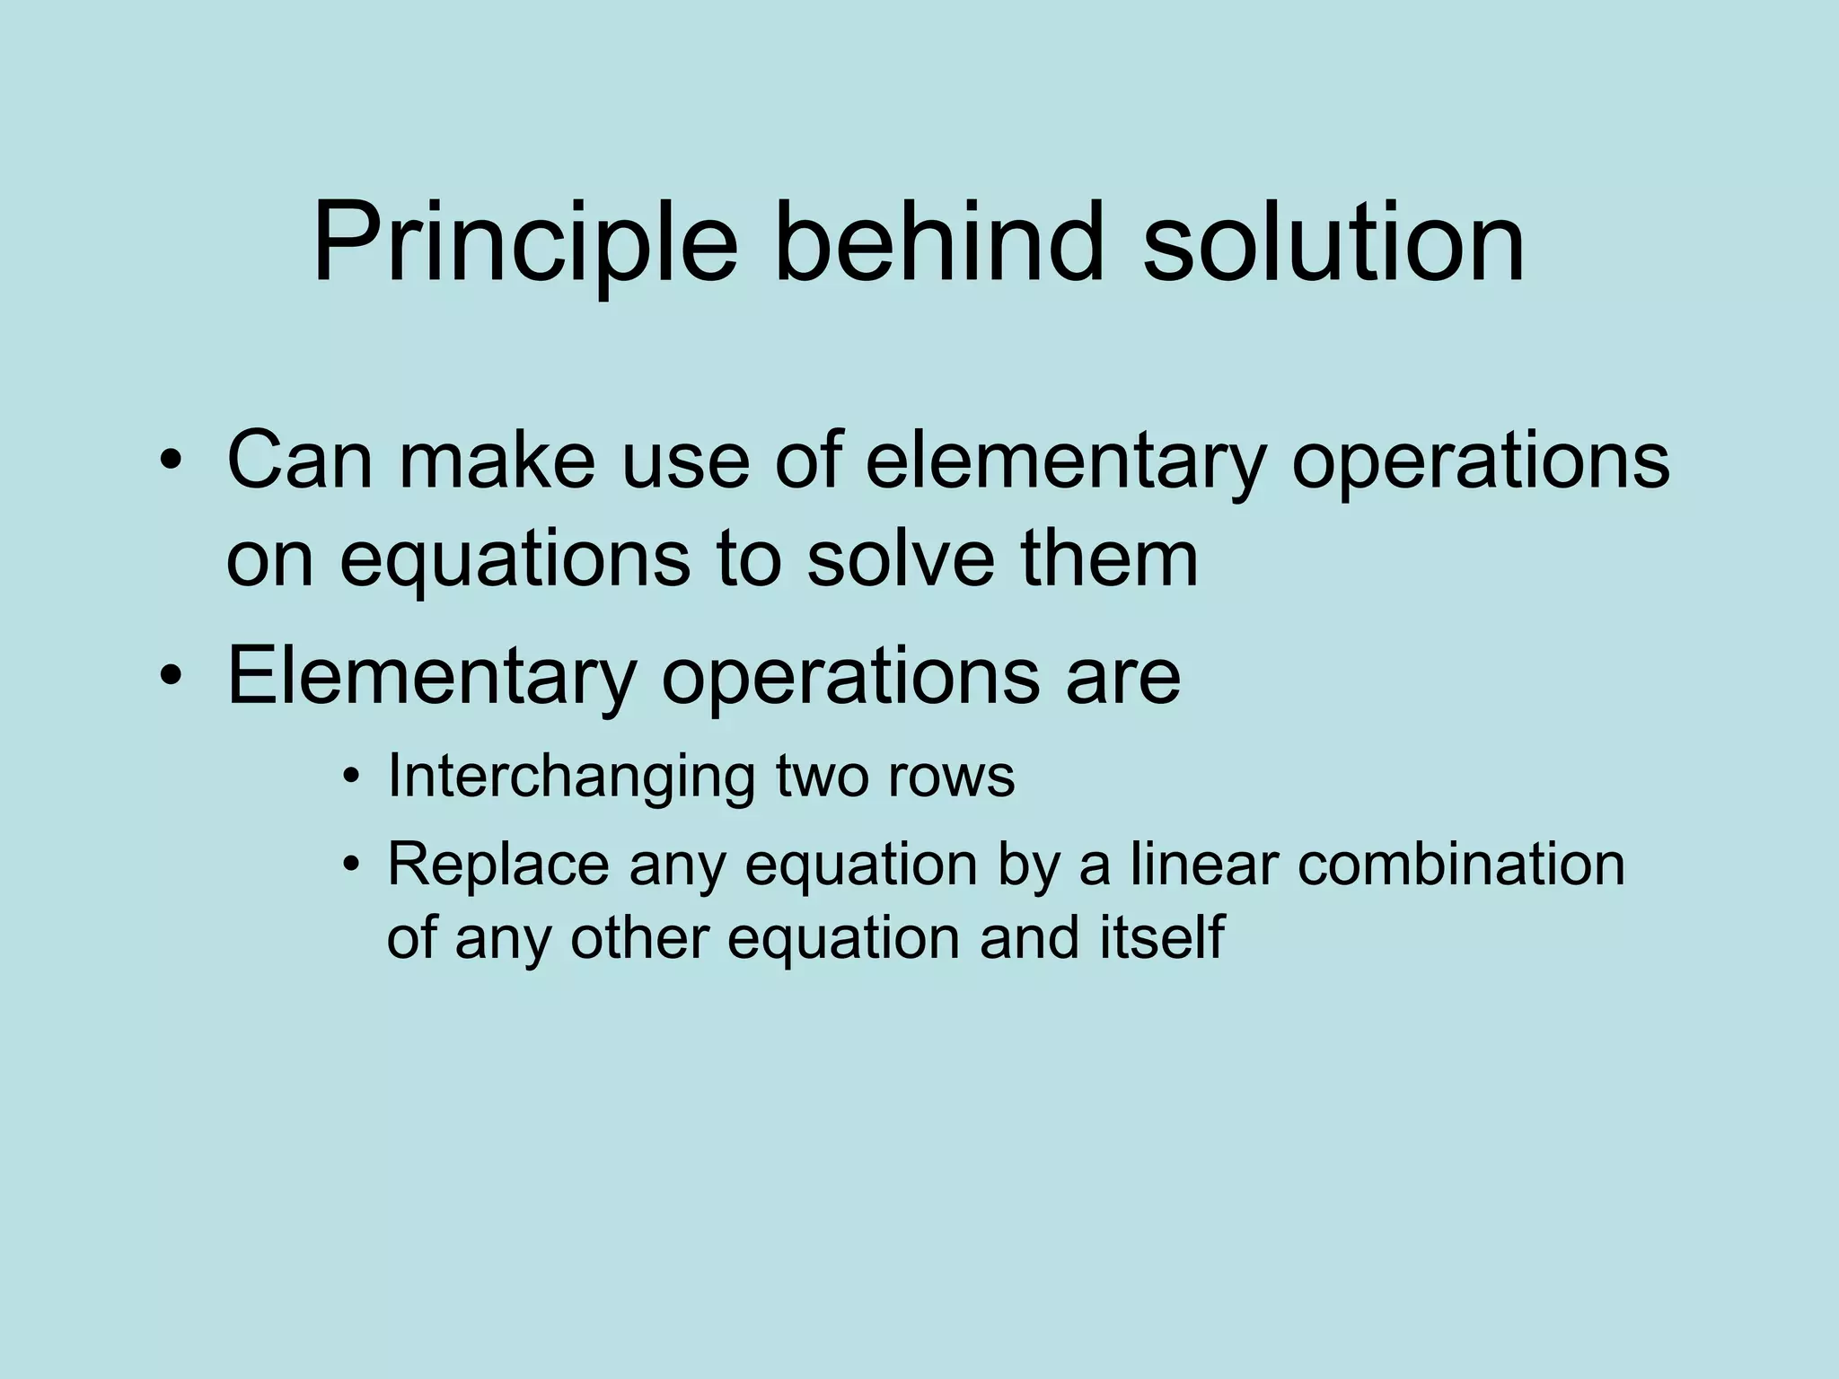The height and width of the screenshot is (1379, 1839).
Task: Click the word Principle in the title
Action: [524, 244]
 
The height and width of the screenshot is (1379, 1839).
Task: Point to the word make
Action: [497, 461]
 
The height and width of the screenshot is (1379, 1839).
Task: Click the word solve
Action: [901, 558]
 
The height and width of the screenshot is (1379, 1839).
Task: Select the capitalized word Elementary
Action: [432, 676]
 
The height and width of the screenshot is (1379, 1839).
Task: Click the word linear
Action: [1203, 865]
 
